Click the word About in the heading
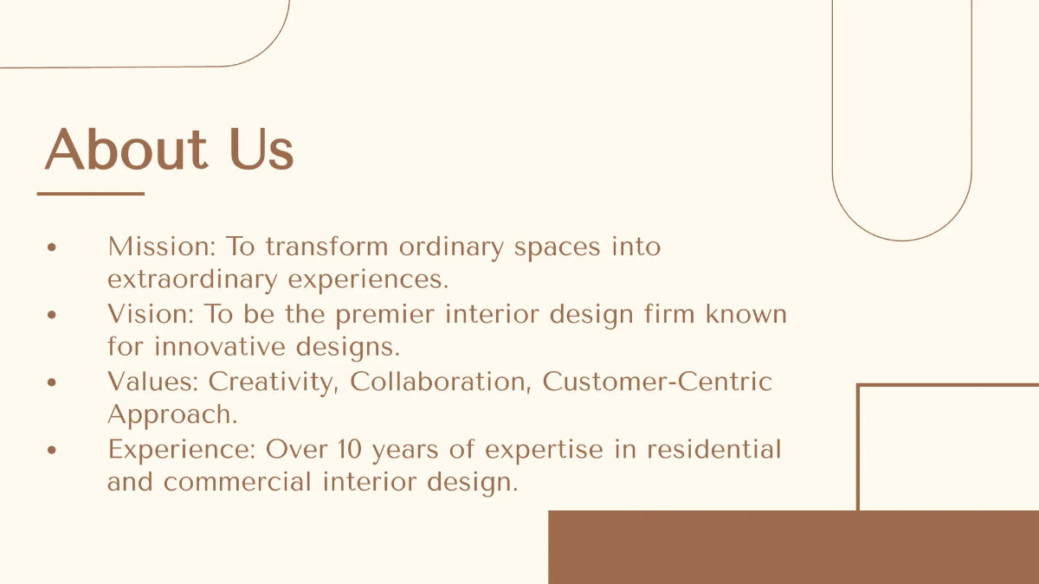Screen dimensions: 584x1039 point(126,150)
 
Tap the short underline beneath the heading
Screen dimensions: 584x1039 point(90,194)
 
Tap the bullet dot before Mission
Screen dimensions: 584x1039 point(52,247)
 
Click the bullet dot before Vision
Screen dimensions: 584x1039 point(52,315)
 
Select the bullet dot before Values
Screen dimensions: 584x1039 point(52,382)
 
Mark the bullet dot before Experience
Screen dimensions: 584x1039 point(52,451)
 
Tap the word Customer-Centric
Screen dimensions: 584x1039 point(657,382)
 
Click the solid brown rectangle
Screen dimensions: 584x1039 point(793,547)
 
